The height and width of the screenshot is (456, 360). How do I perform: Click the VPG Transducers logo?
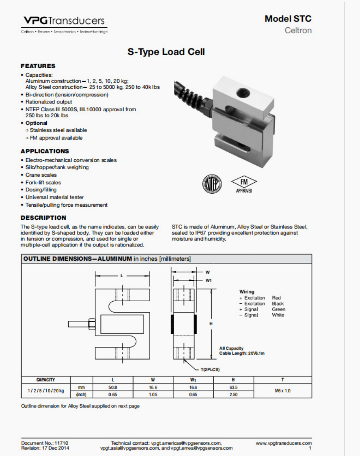(64, 21)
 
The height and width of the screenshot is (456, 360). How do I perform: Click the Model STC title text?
(288, 19)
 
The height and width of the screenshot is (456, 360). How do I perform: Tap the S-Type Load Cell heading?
(166, 52)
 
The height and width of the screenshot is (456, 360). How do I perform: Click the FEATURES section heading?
(38, 66)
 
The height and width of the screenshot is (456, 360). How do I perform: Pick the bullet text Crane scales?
(41, 175)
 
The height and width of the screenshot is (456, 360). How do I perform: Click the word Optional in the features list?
(36, 123)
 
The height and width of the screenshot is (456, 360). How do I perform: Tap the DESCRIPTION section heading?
(43, 218)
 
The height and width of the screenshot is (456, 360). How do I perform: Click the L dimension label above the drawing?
(122, 276)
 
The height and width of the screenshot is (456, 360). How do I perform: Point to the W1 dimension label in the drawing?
(209, 281)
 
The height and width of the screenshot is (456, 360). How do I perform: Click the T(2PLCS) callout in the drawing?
(210, 370)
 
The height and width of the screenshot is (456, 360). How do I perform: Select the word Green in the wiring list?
(278, 309)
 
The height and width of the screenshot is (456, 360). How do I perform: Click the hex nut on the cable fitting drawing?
(92, 324)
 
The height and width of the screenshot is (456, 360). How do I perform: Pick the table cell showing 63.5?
(233, 387)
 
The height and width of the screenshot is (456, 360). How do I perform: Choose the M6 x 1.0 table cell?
(282, 391)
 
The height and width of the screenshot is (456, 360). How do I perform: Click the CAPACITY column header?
(45, 380)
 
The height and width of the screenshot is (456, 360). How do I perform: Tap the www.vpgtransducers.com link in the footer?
(283, 443)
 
